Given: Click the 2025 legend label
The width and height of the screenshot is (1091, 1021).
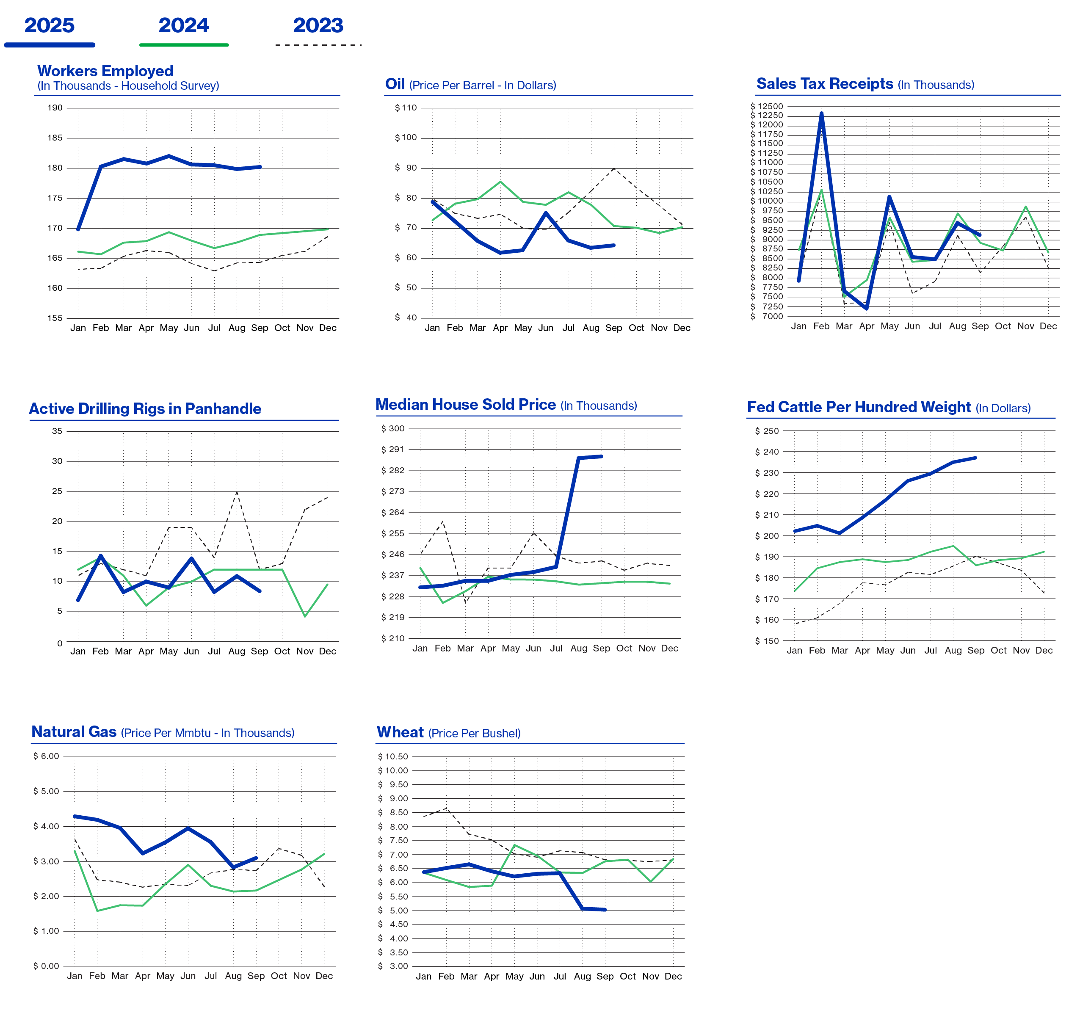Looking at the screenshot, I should pyautogui.click(x=50, y=25).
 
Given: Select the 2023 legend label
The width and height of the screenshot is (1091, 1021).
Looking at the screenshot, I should pyautogui.click(x=318, y=25).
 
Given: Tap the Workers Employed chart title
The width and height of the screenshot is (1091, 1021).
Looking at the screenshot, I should pyautogui.click(x=105, y=71).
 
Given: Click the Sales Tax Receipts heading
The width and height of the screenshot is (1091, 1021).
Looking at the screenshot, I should pyautogui.click(x=825, y=84).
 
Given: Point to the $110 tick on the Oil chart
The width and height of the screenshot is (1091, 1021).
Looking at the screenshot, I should pyautogui.click(x=406, y=108).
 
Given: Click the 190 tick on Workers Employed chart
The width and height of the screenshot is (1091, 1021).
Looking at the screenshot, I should pyautogui.click(x=55, y=108).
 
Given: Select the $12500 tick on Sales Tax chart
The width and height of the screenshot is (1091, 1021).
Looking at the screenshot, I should pyautogui.click(x=767, y=106).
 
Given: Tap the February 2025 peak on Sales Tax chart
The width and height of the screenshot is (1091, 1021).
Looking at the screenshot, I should pyautogui.click(x=822, y=113).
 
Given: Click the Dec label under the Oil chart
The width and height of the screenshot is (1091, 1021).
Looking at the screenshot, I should pyautogui.click(x=682, y=328).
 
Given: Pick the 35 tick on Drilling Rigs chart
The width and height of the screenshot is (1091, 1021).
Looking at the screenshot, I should pyautogui.click(x=57, y=431).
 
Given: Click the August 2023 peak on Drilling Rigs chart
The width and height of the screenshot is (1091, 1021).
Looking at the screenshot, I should pyautogui.click(x=237, y=492).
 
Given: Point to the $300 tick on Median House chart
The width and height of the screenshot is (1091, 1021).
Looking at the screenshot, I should pyautogui.click(x=393, y=428).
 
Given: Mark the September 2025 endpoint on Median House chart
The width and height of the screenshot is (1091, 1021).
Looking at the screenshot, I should pyautogui.click(x=602, y=456).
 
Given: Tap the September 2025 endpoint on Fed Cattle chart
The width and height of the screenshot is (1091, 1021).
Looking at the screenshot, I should pyautogui.click(x=976, y=458).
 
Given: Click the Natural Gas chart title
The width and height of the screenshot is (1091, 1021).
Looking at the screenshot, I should pyautogui.click(x=74, y=732).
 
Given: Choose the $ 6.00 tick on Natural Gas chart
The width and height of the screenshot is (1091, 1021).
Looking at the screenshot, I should pyautogui.click(x=46, y=756).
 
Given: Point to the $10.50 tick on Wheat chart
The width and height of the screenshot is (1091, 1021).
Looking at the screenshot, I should pyautogui.click(x=393, y=756).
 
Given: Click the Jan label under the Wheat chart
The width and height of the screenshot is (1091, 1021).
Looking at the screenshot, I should pyautogui.click(x=424, y=977).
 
